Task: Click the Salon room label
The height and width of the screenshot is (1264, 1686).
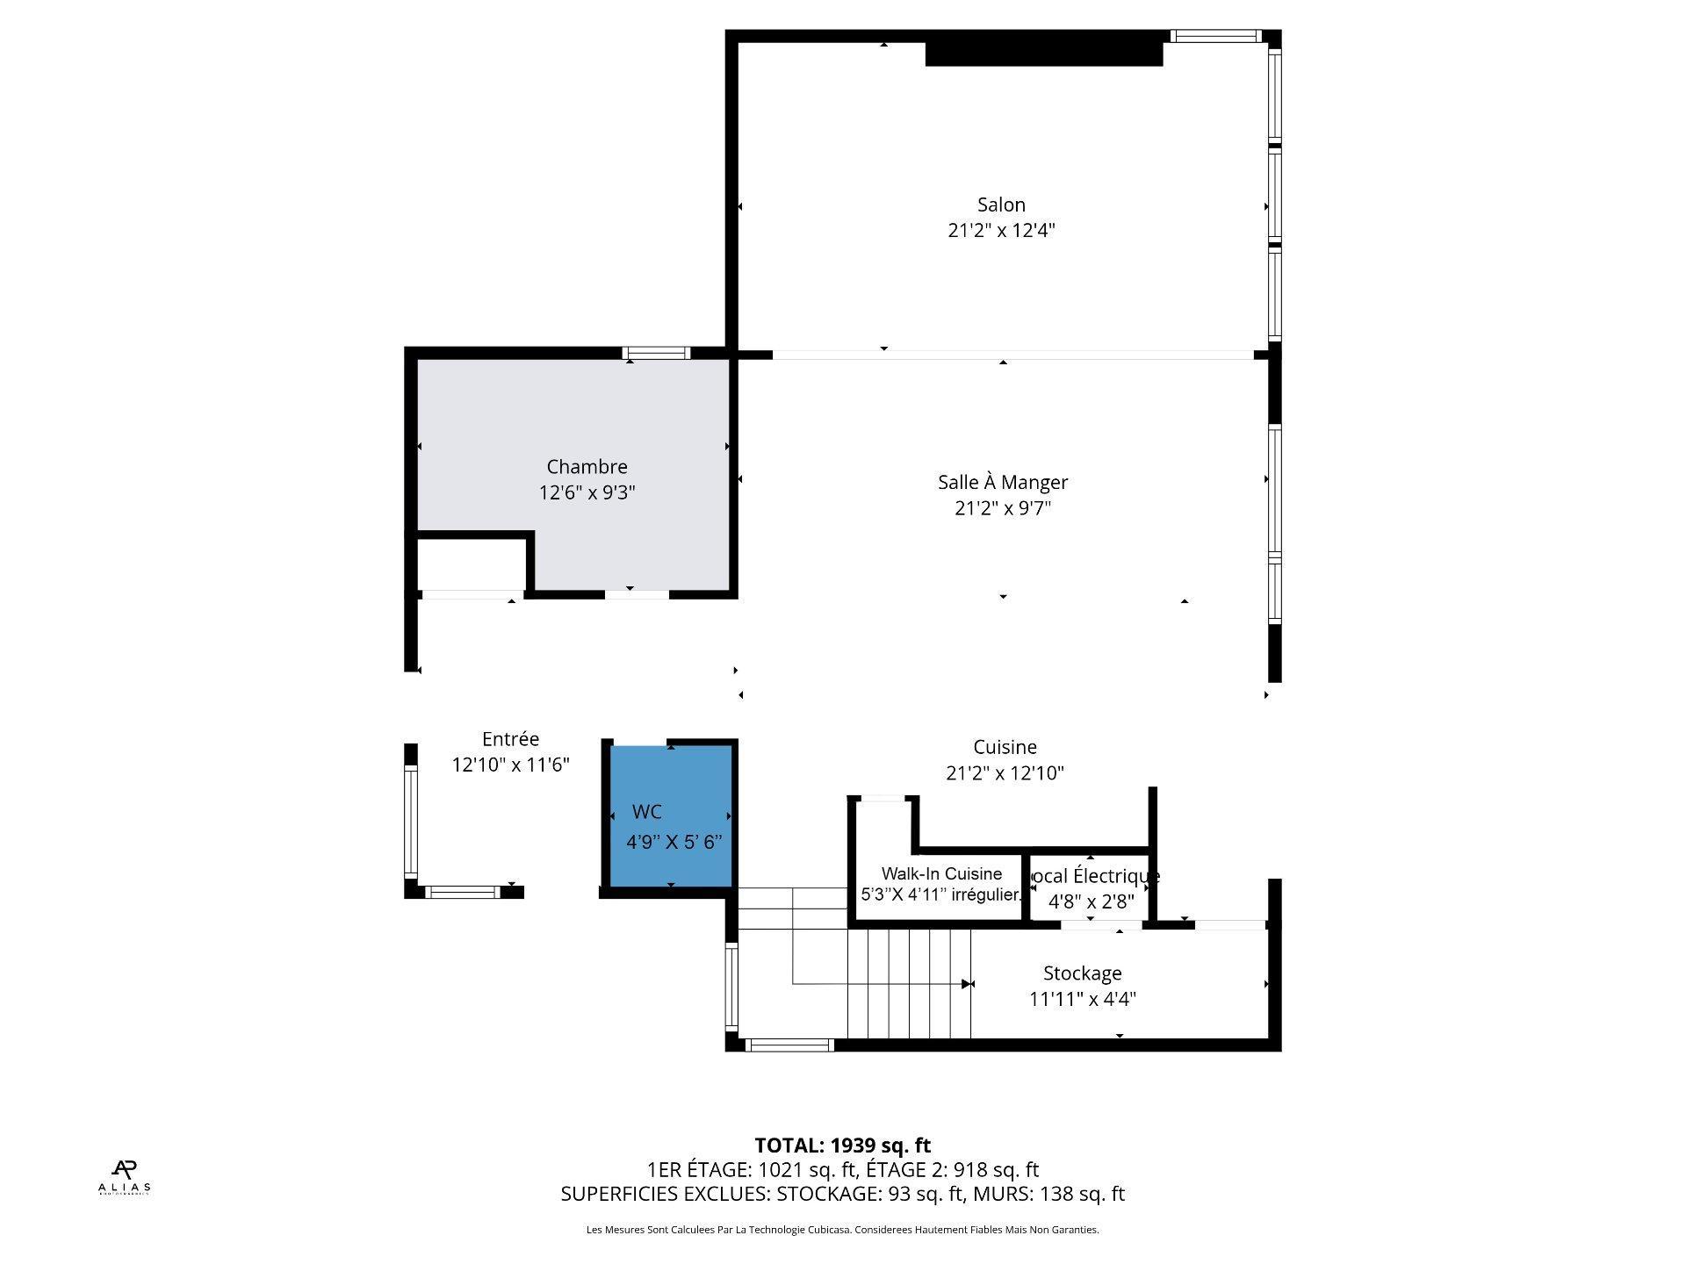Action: pyautogui.click(x=1001, y=205)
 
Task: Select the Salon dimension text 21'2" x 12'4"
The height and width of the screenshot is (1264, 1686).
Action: pyautogui.click(x=1001, y=231)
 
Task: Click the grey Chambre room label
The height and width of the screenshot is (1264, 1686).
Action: pyautogui.click(x=587, y=467)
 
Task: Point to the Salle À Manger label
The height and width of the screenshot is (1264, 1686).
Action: pyautogui.click(x=1002, y=482)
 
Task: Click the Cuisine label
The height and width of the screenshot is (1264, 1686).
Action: pyautogui.click(x=1005, y=747)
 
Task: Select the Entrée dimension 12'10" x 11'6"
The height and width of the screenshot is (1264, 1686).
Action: pyautogui.click(x=510, y=765)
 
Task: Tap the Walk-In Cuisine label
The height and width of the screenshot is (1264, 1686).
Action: pyautogui.click(x=941, y=873)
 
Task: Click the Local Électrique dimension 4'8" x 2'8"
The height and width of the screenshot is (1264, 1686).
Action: pyautogui.click(x=1091, y=901)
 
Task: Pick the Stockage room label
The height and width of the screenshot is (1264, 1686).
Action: pyautogui.click(x=1082, y=973)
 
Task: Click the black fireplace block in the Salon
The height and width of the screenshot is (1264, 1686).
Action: pyautogui.click(x=1043, y=54)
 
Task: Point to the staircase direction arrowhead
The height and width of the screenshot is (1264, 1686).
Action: pyautogui.click(x=968, y=984)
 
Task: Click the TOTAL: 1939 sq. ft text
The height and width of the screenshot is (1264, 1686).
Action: pyautogui.click(x=842, y=1145)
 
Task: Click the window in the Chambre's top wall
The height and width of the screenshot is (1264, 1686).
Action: pyautogui.click(x=656, y=354)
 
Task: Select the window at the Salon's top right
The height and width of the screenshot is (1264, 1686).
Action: pyautogui.click(x=1215, y=36)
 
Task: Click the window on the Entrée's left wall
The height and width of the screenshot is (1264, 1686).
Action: pyautogui.click(x=410, y=821)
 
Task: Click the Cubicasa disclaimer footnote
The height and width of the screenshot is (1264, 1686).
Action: pyautogui.click(x=842, y=1230)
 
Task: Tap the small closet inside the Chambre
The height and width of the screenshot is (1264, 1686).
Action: pyautogui.click(x=471, y=564)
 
